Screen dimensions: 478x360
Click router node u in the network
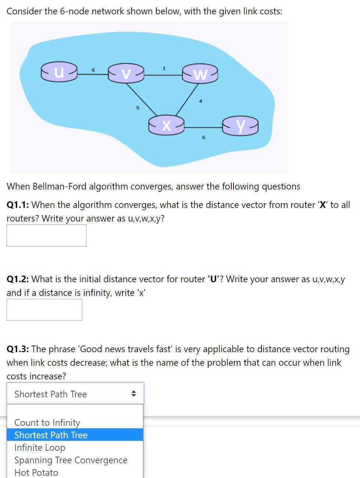(x=59, y=71)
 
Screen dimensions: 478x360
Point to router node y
(x=240, y=126)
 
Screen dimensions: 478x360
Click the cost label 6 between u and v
(x=93, y=70)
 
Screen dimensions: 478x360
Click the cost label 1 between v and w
(x=164, y=68)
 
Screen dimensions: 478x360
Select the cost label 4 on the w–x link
(x=200, y=101)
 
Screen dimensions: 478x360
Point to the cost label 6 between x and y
(x=203, y=137)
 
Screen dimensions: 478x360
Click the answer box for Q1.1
(x=46, y=236)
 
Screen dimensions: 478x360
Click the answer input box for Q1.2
(x=44, y=310)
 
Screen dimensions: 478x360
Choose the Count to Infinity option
(x=47, y=422)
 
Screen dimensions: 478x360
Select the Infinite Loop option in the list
(x=40, y=447)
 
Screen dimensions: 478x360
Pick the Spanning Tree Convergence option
(x=71, y=460)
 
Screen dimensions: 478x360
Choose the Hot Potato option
(x=36, y=472)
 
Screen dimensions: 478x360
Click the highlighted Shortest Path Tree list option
(x=51, y=435)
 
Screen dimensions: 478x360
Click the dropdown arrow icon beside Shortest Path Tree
(x=133, y=394)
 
